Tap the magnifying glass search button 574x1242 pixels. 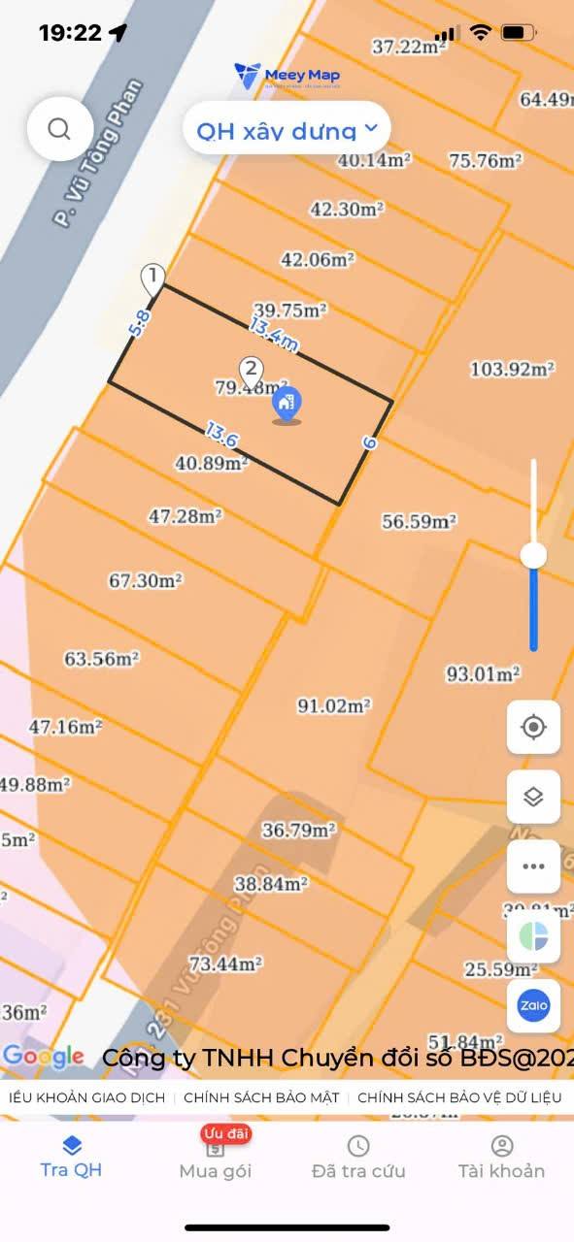tap(59, 129)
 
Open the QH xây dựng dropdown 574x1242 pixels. tap(287, 129)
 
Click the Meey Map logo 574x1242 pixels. tap(287, 75)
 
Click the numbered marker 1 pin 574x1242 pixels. tap(152, 278)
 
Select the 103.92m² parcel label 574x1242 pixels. tap(512, 369)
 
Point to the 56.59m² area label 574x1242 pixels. tap(419, 521)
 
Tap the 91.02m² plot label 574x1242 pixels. tap(333, 706)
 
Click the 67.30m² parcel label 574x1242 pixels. tap(146, 580)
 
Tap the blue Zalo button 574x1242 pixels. tap(533, 1005)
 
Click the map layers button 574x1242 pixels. tap(533, 797)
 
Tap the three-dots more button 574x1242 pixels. tap(533, 866)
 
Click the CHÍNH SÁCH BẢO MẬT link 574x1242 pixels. tap(261, 1097)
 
